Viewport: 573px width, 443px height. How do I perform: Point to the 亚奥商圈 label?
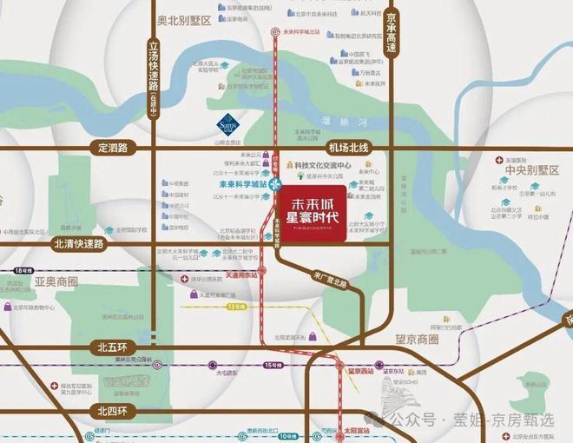pos(56,282)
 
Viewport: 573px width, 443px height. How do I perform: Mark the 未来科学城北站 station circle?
pos(275,33)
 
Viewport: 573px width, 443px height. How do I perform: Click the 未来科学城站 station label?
pos(242,184)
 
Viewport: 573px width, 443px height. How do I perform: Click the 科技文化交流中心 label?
pos(322,164)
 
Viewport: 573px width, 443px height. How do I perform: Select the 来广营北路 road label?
pos(329,279)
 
